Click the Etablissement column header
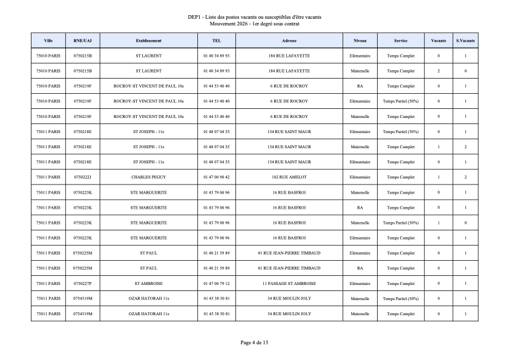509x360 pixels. pos(148,41)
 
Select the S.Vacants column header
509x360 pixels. pos(465,41)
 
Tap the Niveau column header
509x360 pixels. pos(360,41)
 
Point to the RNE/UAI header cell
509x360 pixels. pos(82,41)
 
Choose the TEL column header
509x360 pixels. pos(217,41)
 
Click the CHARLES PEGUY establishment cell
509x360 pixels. pos(148,177)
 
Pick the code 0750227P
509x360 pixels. pos(82,283)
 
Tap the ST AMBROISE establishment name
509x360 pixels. pos(148,283)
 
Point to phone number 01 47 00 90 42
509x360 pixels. pos(217,177)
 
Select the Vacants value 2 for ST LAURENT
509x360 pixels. pos(439,71)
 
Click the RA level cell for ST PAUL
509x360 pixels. pos(360,268)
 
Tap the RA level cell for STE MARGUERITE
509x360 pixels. pos(360,208)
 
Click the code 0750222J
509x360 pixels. pos(82,177)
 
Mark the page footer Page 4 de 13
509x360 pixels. pos(254,342)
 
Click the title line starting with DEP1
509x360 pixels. pos(254,17)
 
